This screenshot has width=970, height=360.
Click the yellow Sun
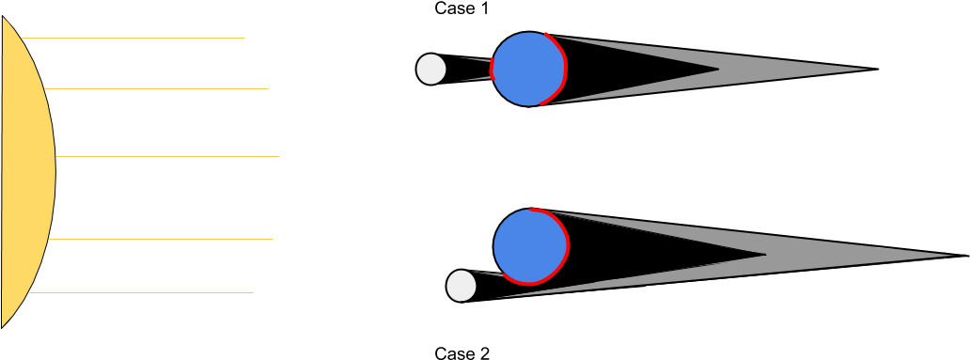point(27,172)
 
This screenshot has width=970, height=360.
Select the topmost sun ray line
point(132,38)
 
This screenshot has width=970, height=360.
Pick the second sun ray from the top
point(155,88)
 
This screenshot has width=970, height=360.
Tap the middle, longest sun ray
point(167,156)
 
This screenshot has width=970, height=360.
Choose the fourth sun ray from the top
point(160,239)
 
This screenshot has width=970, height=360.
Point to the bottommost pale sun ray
point(141,292)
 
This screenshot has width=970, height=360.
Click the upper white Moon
point(431,69)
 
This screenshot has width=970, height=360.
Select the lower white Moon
point(462,286)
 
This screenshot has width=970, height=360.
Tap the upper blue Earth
point(526,69)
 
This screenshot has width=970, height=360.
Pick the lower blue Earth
point(528,246)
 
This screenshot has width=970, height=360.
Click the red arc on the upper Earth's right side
point(562,70)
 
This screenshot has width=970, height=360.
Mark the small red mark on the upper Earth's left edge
point(492,69)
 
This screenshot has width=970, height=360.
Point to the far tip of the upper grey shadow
point(868,69)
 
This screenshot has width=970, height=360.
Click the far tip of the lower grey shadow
point(951,255)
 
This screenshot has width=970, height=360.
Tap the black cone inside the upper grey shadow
point(639,69)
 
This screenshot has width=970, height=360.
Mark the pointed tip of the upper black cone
point(719,69)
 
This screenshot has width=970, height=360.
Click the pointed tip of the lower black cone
point(766,254)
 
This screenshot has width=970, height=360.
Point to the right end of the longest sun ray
point(278,156)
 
